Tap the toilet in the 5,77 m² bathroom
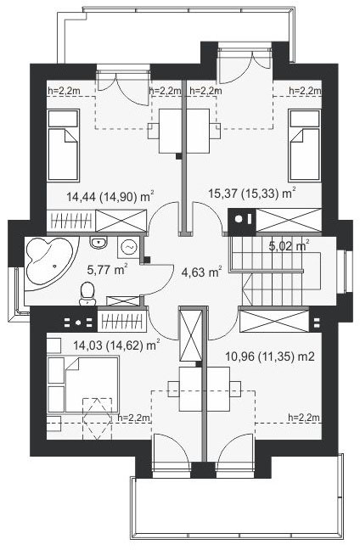coord(87,294)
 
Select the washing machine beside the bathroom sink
coord(128,247)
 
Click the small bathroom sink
coord(98,243)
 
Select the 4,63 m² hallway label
coord(201,272)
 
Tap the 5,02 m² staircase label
coord(290,245)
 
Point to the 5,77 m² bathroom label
coord(107,270)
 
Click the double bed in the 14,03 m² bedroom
coord(83,384)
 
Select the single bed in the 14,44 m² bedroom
coord(63,145)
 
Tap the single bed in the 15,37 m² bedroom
coord(305,145)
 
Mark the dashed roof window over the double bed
coord(97,418)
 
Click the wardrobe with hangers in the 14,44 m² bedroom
coord(71,221)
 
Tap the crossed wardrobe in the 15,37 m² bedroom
coord(289,220)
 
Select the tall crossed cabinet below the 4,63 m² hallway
coord(190,335)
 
